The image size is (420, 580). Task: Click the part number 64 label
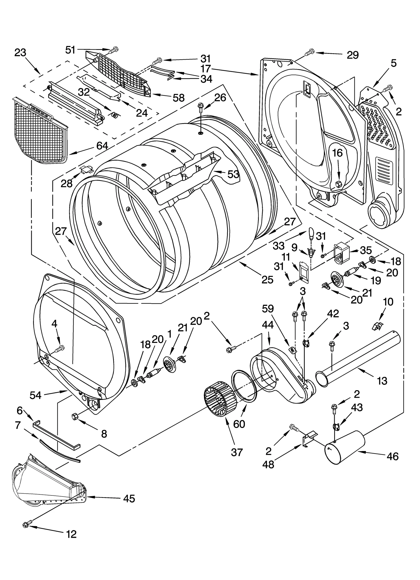point(102,146)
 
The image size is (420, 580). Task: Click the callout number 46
point(392,456)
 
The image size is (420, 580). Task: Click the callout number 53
point(233,174)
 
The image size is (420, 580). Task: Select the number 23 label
point(20,53)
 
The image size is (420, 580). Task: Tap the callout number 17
point(206,69)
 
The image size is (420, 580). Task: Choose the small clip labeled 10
point(377,326)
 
